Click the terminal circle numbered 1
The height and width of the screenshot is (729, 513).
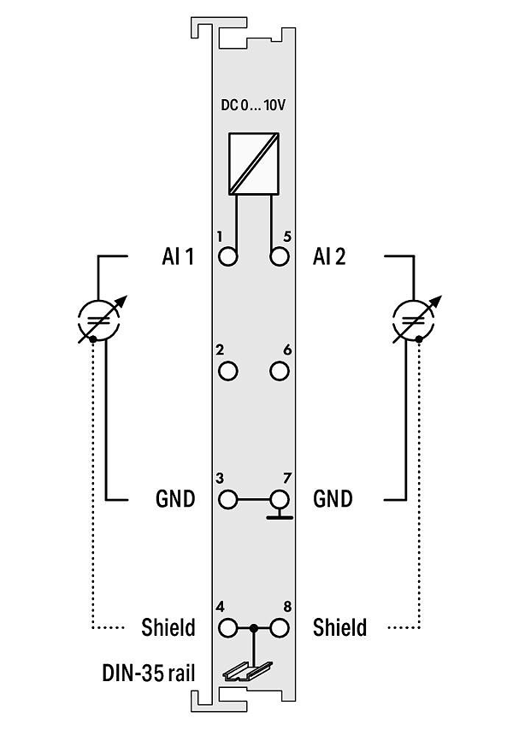point(228,256)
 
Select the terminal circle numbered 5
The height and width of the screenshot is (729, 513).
point(279,256)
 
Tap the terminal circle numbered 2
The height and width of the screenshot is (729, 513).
point(228,371)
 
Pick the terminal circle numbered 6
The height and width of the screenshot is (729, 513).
point(279,371)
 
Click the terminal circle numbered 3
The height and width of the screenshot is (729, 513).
point(228,500)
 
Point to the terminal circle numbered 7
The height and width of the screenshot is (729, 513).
point(279,500)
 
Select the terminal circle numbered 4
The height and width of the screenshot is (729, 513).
point(228,628)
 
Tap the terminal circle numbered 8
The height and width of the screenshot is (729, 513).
point(279,628)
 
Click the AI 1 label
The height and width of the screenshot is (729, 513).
point(178,256)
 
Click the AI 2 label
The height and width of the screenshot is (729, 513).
point(329,256)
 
